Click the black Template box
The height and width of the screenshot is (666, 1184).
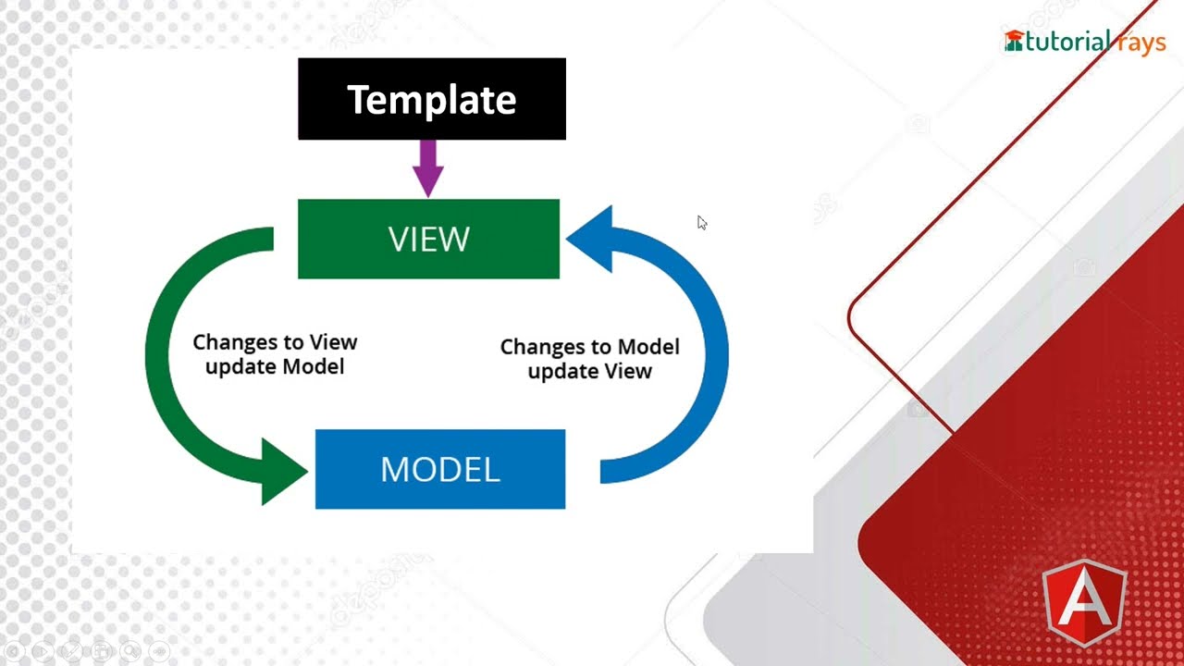pos(432,99)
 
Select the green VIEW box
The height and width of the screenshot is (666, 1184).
pos(428,239)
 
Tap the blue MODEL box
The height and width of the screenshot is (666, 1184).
pos(440,469)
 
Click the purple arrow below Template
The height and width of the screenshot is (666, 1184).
pos(428,168)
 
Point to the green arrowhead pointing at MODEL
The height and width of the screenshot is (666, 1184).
pos(282,472)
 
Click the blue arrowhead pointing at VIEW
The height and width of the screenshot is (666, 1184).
pos(592,239)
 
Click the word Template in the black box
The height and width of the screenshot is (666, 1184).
pos(432,99)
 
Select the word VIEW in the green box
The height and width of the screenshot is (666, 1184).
pos(428,239)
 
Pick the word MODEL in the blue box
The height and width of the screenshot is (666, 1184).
pos(440,469)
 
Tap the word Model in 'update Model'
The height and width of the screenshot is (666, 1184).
pos(314,366)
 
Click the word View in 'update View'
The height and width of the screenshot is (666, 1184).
pos(628,371)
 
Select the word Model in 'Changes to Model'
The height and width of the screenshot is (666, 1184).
pos(648,347)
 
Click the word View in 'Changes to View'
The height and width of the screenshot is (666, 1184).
pos(334,342)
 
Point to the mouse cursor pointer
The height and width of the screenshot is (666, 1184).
pos(702,223)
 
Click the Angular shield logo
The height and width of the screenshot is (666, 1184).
pos(1085,603)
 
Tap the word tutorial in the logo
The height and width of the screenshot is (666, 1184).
pos(1067,42)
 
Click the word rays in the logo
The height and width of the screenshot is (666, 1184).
pos(1141,43)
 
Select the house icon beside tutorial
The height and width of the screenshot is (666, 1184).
pos(1014,41)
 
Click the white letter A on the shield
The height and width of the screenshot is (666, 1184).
pos(1085,601)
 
